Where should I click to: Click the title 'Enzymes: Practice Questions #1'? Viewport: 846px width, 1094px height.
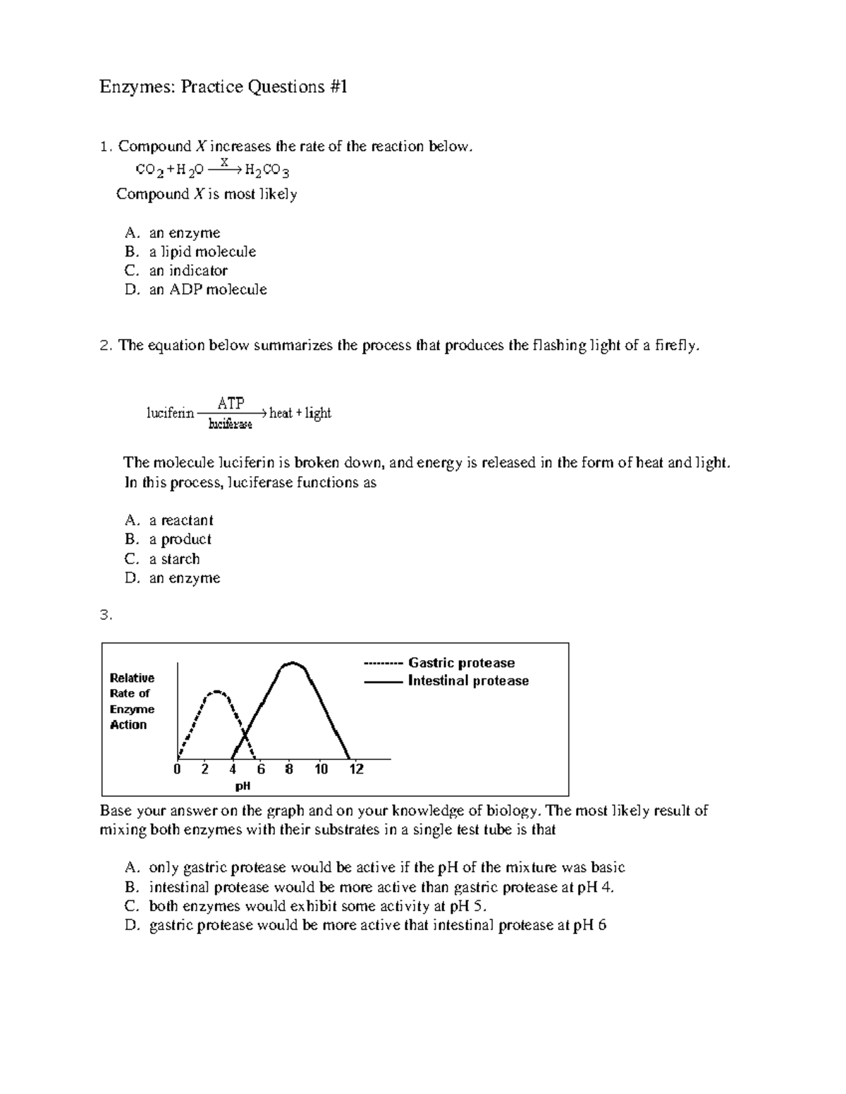223,87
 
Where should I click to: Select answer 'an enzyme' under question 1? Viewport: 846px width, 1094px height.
184,232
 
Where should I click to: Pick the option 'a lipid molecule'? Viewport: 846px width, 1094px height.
202,251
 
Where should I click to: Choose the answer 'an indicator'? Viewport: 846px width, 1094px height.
188,271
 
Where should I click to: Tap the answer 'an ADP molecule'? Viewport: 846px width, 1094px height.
207,290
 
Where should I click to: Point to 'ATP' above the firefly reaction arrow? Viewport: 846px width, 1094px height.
231,404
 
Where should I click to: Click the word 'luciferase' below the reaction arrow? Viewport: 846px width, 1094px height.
231,424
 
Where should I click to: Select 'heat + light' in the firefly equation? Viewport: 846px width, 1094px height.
300,414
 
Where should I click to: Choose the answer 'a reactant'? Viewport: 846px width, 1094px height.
180,521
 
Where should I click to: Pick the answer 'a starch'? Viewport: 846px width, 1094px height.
174,559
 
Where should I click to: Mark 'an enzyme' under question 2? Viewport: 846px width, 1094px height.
184,578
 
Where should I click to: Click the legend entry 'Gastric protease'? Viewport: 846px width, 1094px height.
461,663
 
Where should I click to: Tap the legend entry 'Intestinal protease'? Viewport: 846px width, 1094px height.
468,680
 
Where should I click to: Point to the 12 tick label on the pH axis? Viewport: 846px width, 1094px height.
356,769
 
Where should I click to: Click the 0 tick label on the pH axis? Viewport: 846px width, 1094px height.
177,769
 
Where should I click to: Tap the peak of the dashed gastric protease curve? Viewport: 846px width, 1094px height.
218,691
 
